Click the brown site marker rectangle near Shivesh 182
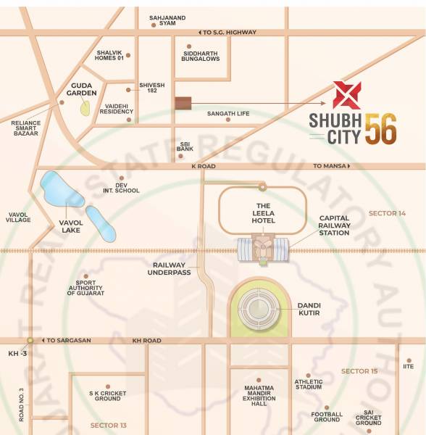(183, 104)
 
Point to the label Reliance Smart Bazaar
(26, 129)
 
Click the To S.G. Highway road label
(227, 33)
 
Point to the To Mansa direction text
(330, 167)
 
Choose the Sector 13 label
(109, 425)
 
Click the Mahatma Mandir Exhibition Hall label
(259, 396)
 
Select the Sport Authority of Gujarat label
(85, 287)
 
